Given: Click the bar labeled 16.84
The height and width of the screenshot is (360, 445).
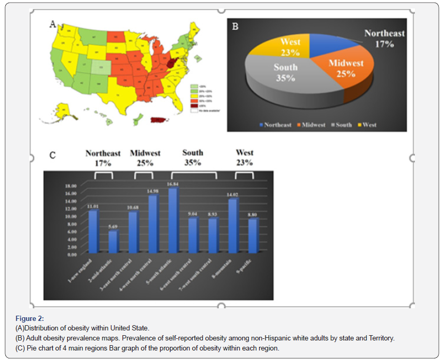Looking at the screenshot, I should click(x=173, y=221).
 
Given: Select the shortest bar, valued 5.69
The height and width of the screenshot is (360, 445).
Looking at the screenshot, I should click(x=112, y=241).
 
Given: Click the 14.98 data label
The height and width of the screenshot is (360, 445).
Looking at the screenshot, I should click(x=153, y=191).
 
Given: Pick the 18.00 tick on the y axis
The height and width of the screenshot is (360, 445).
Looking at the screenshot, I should click(x=71, y=186).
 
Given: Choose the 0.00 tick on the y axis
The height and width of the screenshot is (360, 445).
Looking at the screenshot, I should click(x=71, y=254).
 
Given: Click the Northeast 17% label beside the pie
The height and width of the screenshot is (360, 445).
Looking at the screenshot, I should click(x=384, y=39).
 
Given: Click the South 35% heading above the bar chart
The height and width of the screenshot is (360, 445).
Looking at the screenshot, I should click(x=193, y=157).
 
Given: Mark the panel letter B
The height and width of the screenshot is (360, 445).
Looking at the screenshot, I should click(x=235, y=26).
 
